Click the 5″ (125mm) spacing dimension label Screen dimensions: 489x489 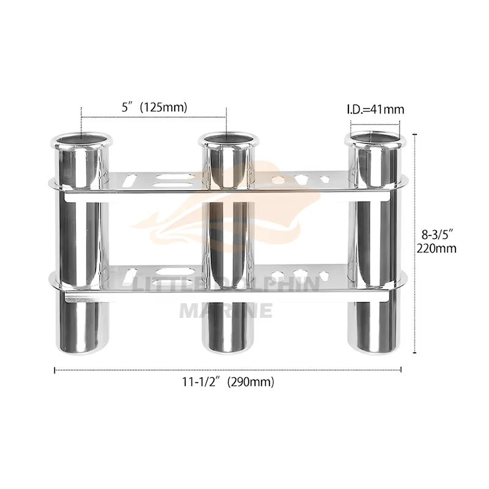coord(154,107)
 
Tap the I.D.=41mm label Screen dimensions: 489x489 coord(375,110)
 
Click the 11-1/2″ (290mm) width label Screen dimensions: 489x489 coord(228,382)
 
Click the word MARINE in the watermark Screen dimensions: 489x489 coord(226,310)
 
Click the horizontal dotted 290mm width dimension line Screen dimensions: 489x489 coord(228,369)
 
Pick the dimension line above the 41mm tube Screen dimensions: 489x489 coord(375,120)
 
